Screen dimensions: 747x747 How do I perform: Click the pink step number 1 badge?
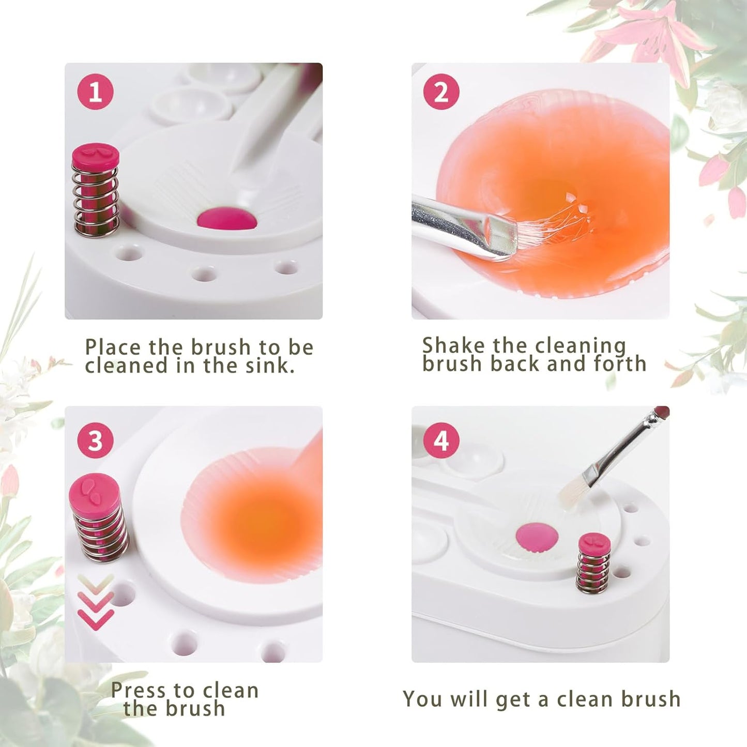95,92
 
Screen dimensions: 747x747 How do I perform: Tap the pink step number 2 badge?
441,92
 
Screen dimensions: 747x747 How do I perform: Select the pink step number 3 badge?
95,440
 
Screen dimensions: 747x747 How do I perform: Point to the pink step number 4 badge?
441,440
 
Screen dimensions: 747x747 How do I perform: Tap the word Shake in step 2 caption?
453,345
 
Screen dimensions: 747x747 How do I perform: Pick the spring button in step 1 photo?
96,190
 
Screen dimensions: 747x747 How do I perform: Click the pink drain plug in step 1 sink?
226,219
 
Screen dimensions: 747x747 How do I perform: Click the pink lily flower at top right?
646,31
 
